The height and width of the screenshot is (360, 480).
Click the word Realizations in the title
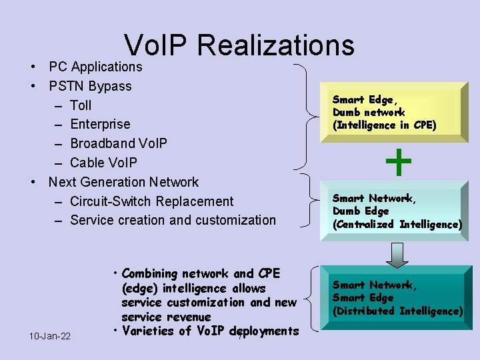pyautogui.click(x=276, y=45)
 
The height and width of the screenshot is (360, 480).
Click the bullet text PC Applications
pyautogui.click(x=95, y=67)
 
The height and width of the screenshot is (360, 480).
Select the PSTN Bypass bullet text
pyautogui.click(x=90, y=86)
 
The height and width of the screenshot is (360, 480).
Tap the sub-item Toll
pyautogui.click(x=81, y=105)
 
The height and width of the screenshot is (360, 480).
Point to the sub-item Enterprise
pyautogui.click(x=100, y=124)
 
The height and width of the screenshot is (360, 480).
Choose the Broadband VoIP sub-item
pyautogui.click(x=119, y=143)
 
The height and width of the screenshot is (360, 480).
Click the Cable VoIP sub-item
pyautogui.click(x=103, y=163)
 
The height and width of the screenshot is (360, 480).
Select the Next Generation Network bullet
pyautogui.click(x=123, y=182)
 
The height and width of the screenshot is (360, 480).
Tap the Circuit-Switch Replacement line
pyautogui.click(x=151, y=201)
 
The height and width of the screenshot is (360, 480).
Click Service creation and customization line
pyautogui.click(x=173, y=220)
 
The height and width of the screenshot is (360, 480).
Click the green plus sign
pyautogui.click(x=399, y=162)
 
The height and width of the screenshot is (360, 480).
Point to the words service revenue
pyautogui.click(x=166, y=317)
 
